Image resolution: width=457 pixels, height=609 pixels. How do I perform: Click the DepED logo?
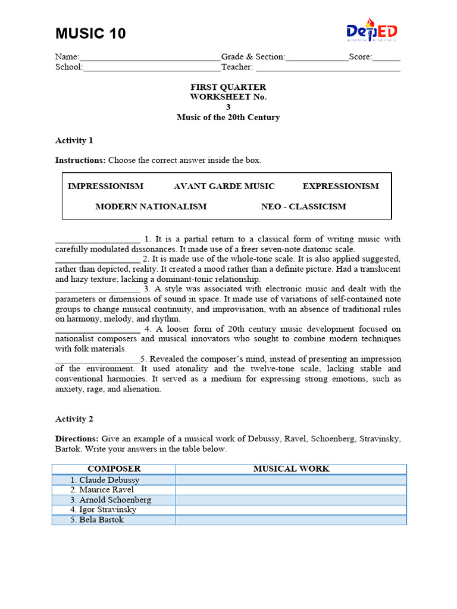click(x=372, y=31)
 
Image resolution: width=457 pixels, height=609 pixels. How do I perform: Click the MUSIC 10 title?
click(x=90, y=34)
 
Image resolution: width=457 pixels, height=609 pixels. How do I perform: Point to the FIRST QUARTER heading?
click(x=228, y=87)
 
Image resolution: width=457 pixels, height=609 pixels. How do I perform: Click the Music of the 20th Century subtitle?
click(x=228, y=117)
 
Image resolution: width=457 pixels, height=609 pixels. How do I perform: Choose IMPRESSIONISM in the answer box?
click(x=105, y=186)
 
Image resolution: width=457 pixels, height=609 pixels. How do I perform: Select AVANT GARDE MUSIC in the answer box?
click(x=224, y=186)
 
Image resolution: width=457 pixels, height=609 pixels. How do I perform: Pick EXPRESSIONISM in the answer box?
click(x=340, y=186)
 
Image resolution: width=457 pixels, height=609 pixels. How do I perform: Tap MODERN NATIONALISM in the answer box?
click(x=151, y=206)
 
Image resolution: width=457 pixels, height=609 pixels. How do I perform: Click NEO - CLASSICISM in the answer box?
click(x=303, y=206)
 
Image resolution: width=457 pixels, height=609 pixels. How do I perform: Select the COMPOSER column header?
click(x=114, y=469)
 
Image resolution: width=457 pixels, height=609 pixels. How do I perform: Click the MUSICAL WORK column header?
click(x=291, y=469)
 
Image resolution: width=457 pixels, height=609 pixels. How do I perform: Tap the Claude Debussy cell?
click(x=114, y=480)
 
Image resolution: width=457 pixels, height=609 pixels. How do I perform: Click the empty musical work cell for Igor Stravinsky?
click(x=291, y=510)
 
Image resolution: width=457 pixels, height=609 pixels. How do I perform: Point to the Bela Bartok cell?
click(x=114, y=520)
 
